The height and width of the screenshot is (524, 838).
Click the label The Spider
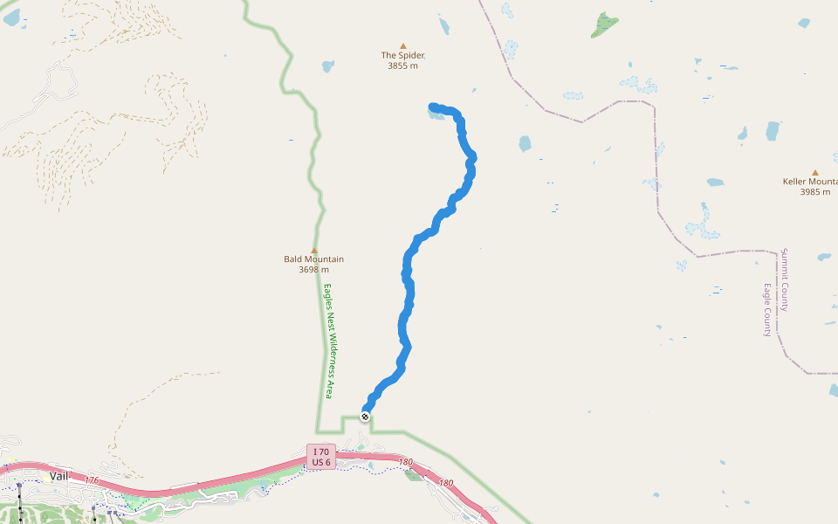402,55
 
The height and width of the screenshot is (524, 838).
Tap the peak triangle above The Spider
402,45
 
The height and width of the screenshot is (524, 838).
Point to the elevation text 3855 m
402,65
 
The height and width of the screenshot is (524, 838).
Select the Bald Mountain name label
313,259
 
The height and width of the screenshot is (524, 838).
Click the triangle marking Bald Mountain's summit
314,250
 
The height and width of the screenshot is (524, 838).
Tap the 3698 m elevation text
313,269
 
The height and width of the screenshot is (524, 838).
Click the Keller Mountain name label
809,182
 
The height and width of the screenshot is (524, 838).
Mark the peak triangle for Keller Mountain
815,173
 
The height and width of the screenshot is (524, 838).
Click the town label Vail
58,475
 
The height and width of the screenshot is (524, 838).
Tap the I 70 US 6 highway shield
320,456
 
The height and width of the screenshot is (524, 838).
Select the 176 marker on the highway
92,480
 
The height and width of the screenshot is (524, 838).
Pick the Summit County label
785,279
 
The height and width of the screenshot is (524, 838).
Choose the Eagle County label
768,309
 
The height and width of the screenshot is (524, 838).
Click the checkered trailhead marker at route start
365,417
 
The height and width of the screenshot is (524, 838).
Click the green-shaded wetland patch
604,24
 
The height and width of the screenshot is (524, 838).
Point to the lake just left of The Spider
327,65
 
